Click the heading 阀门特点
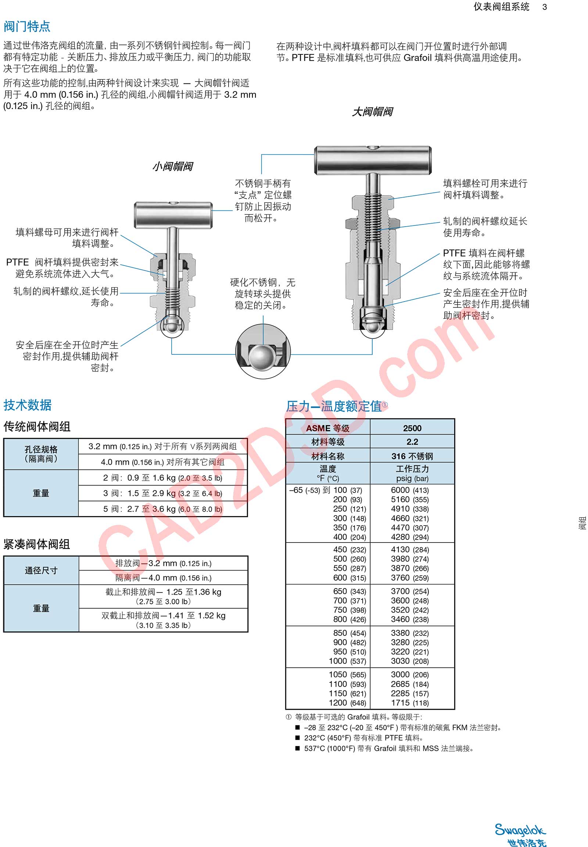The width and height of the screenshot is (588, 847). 27,26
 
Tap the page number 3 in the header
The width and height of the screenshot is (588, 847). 545,7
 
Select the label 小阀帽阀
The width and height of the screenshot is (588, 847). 172,166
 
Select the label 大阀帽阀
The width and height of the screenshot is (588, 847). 372,112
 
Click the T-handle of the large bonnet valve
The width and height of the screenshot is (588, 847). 373,161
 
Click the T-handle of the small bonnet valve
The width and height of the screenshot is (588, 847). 173,215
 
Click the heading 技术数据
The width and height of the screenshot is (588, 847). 28,405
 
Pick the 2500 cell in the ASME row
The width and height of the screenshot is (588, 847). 412,428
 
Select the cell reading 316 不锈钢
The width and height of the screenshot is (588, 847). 412,456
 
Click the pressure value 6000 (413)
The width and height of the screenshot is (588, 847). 410,490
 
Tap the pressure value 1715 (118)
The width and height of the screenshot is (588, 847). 410,703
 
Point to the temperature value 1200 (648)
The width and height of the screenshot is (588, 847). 347,703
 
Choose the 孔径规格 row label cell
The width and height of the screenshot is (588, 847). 41,454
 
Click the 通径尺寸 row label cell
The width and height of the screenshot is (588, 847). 41,570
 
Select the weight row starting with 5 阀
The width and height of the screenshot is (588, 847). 162,509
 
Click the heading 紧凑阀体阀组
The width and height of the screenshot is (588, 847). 37,544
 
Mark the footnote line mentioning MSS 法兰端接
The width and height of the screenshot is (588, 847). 388,748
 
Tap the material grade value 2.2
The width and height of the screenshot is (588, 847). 412,441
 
